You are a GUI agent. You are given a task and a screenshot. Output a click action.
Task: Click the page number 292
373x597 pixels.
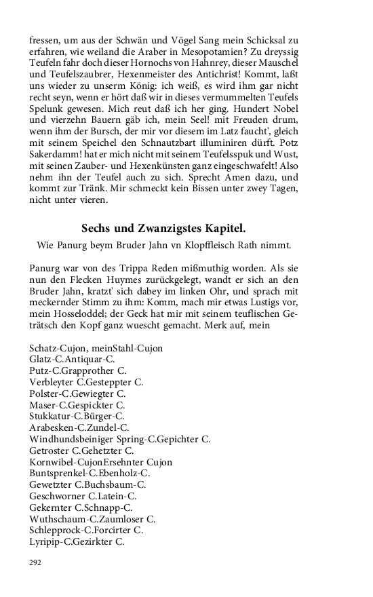[x=35, y=563]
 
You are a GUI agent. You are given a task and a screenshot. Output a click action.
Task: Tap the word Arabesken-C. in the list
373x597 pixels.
[x=58, y=428]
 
